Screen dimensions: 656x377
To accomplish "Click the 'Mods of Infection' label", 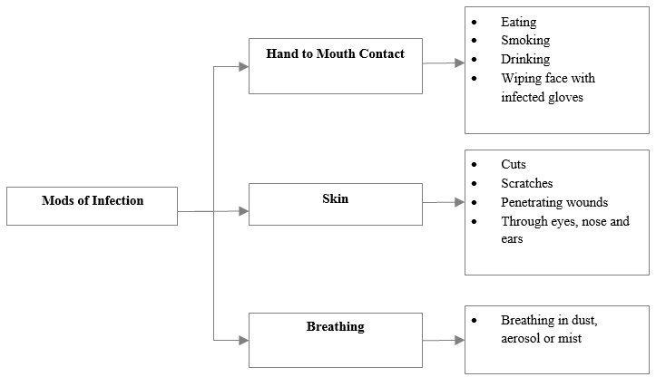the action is click(x=93, y=200).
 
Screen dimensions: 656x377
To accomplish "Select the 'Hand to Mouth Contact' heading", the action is click(x=336, y=53).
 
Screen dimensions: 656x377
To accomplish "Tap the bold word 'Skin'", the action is click(x=336, y=198).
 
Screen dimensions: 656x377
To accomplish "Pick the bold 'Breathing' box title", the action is click(x=336, y=326).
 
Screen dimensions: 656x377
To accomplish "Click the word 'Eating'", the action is click(x=518, y=22).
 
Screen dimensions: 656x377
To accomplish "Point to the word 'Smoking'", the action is click(x=525, y=40).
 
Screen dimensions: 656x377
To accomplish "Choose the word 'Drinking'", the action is click(x=525, y=59).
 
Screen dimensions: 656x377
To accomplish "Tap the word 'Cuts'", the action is click(x=514, y=164).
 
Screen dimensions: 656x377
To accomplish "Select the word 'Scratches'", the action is click(x=527, y=183).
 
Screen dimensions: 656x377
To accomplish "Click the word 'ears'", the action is click(x=512, y=239).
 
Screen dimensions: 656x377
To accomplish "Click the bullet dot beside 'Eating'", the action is click(x=474, y=22).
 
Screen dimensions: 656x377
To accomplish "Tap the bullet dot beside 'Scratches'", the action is click(x=474, y=183).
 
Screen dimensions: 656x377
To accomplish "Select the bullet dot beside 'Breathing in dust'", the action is click(x=474, y=321).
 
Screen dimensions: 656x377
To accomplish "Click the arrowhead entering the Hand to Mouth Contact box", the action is click(x=244, y=66).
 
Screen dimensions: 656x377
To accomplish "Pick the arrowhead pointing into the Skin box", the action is click(x=244, y=211).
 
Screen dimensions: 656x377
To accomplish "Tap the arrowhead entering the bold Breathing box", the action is click(x=244, y=340).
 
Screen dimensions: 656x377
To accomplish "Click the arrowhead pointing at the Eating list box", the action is click(x=460, y=63).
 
